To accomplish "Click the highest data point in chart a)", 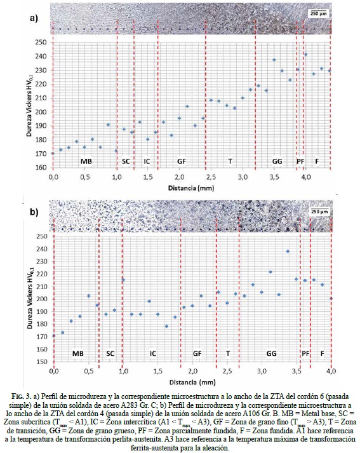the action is click(306, 54).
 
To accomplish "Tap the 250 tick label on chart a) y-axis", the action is click(41, 43).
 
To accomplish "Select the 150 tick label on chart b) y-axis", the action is click(42, 362).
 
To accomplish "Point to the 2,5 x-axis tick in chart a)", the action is click(211, 177).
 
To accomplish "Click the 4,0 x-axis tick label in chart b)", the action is click(331, 371).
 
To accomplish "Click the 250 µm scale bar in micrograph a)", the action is click(319, 13).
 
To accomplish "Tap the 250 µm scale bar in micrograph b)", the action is click(319, 211).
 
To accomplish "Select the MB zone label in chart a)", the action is click(86, 161).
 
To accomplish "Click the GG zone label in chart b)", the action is click(271, 353).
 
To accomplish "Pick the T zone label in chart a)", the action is click(230, 161).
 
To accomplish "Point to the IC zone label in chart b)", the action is click(153, 353).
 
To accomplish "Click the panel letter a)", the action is click(34, 18).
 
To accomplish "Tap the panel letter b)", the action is click(34, 212).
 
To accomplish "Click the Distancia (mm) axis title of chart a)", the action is click(191, 188).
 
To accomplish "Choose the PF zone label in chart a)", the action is click(300, 161).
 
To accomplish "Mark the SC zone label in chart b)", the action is click(110, 353).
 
